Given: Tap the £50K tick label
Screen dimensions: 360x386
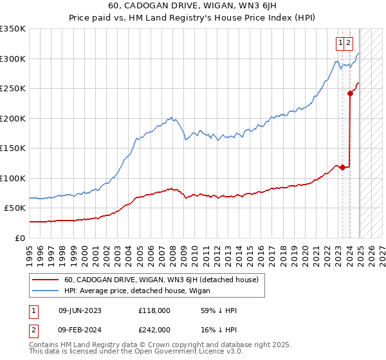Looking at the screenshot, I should click(x=15, y=208).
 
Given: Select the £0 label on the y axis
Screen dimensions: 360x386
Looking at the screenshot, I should click(x=21, y=238).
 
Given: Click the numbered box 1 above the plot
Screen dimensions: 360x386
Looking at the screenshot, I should click(x=340, y=43).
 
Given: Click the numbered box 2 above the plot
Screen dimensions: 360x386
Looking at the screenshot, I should click(x=348, y=43).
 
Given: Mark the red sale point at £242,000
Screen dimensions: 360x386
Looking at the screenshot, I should click(x=351, y=93).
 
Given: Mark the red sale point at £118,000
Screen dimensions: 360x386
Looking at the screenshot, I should click(x=343, y=167).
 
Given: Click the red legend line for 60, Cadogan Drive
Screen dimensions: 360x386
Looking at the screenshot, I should click(x=45, y=280).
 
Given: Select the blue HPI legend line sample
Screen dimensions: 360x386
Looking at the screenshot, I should click(x=45, y=291).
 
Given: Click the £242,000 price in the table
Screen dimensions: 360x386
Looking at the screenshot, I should click(x=154, y=329).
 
